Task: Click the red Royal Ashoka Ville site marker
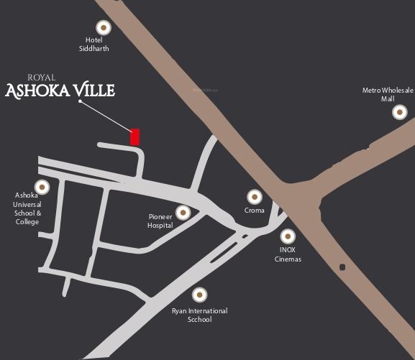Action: (x=134, y=137)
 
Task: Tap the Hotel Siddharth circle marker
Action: (x=104, y=27)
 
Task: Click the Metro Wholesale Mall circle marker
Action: (x=399, y=112)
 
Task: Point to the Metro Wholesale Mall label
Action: (x=388, y=94)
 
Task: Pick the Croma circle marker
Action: (x=254, y=196)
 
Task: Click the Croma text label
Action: (x=254, y=211)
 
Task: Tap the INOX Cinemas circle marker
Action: (x=288, y=236)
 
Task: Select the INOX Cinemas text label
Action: (x=288, y=254)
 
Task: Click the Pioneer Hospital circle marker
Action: (x=183, y=212)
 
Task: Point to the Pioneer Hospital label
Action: (x=160, y=221)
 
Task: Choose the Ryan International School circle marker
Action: (x=199, y=294)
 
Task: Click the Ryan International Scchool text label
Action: (x=199, y=315)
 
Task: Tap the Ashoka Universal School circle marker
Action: (x=42, y=187)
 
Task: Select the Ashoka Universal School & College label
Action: (x=28, y=208)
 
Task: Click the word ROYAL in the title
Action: (x=41, y=77)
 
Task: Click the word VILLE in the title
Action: (x=91, y=91)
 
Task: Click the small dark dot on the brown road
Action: (x=342, y=267)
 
